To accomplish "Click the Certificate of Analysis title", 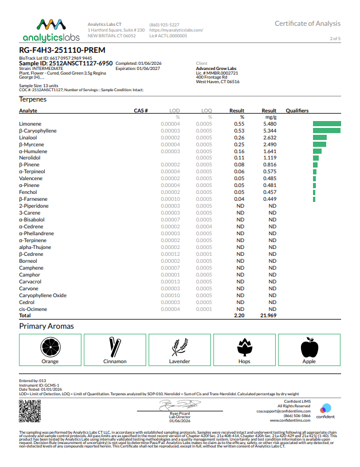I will coord(307,24).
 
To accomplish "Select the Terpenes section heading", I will coord(33,99).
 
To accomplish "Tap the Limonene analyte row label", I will coord(30,124).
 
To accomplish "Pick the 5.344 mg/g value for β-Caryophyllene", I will coord(269,131).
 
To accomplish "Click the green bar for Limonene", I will coord(327,124).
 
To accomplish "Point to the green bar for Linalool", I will coord(320,138).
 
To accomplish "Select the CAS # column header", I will coord(141,111).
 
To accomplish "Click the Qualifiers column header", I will coord(297,111).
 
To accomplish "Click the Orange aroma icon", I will coord(50,347).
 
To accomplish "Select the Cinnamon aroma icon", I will coord(115,347).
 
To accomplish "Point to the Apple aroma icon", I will coord(309,347).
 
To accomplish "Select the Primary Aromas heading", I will coord(46,326).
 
